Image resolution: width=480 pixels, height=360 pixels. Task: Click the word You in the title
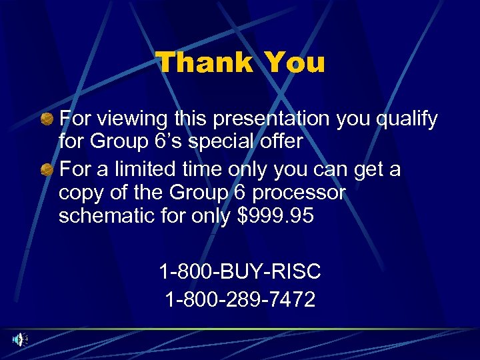(x=295, y=63)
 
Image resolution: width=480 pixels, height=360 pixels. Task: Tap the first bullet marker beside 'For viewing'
(x=47, y=119)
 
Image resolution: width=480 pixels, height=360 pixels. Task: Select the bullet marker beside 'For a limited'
(x=47, y=169)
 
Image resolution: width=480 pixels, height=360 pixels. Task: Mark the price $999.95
(x=276, y=216)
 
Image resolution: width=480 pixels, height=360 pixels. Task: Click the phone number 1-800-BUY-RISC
(x=240, y=271)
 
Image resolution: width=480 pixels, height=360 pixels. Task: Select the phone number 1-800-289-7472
(x=240, y=299)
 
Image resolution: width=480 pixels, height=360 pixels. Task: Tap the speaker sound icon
(x=18, y=339)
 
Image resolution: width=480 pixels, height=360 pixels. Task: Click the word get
(x=362, y=171)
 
